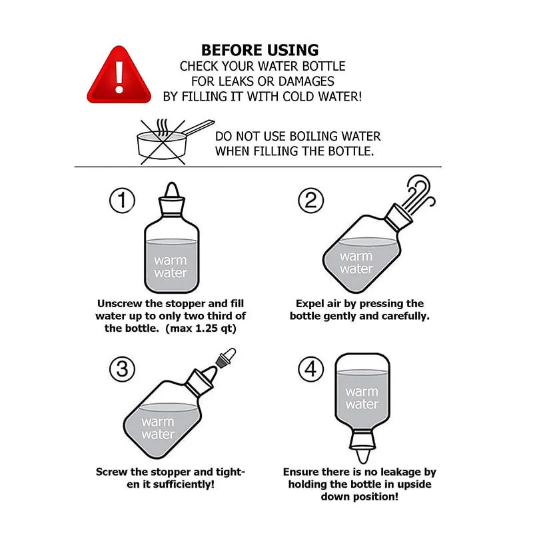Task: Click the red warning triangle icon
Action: pyautogui.click(x=119, y=75)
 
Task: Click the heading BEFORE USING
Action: pyautogui.click(x=260, y=50)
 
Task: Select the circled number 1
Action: pyautogui.click(x=122, y=201)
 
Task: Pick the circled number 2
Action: pyautogui.click(x=310, y=201)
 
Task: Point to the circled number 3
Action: pyautogui.click(x=122, y=369)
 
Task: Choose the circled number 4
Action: pyautogui.click(x=310, y=369)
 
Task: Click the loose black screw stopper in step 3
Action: pyautogui.click(x=225, y=358)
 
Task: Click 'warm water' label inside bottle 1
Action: pyautogui.click(x=171, y=266)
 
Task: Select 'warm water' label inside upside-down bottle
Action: pyautogui.click(x=362, y=398)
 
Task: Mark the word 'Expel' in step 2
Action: pyautogui.click(x=311, y=303)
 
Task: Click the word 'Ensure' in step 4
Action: pyautogui.click(x=304, y=472)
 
